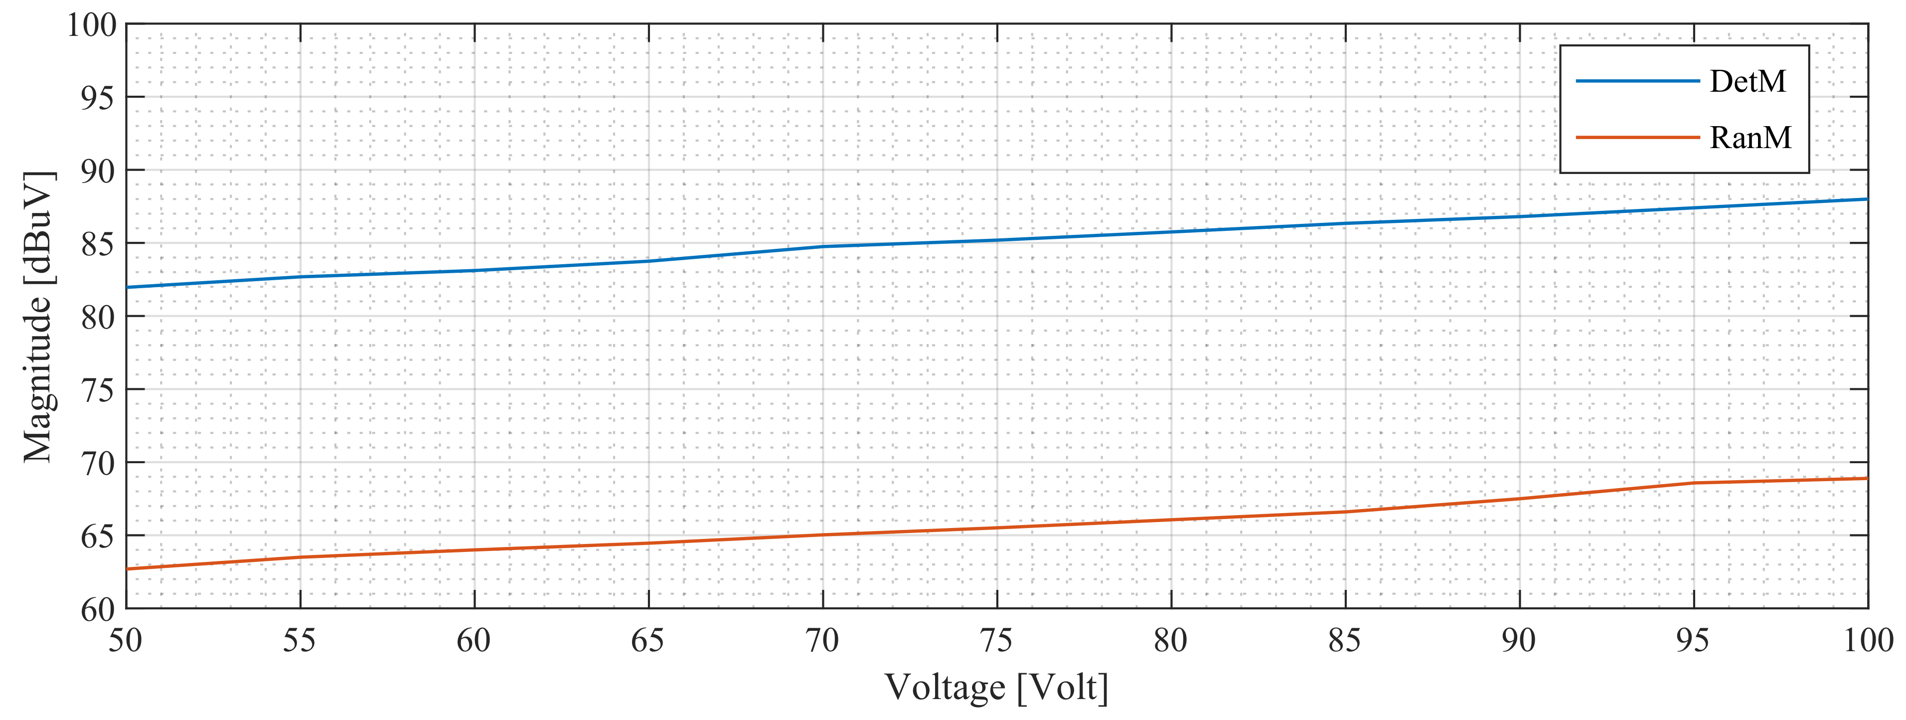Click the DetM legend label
coord(1747,81)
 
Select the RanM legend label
coord(1750,138)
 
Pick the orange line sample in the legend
coord(1637,138)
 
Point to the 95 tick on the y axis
coord(98,98)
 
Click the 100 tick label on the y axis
coord(92,25)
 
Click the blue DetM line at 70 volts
coord(823,246)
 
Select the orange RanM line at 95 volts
coord(1694,483)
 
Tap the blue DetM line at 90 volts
coord(1519,216)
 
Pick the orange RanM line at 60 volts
coord(475,550)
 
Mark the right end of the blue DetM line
coord(1867,199)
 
